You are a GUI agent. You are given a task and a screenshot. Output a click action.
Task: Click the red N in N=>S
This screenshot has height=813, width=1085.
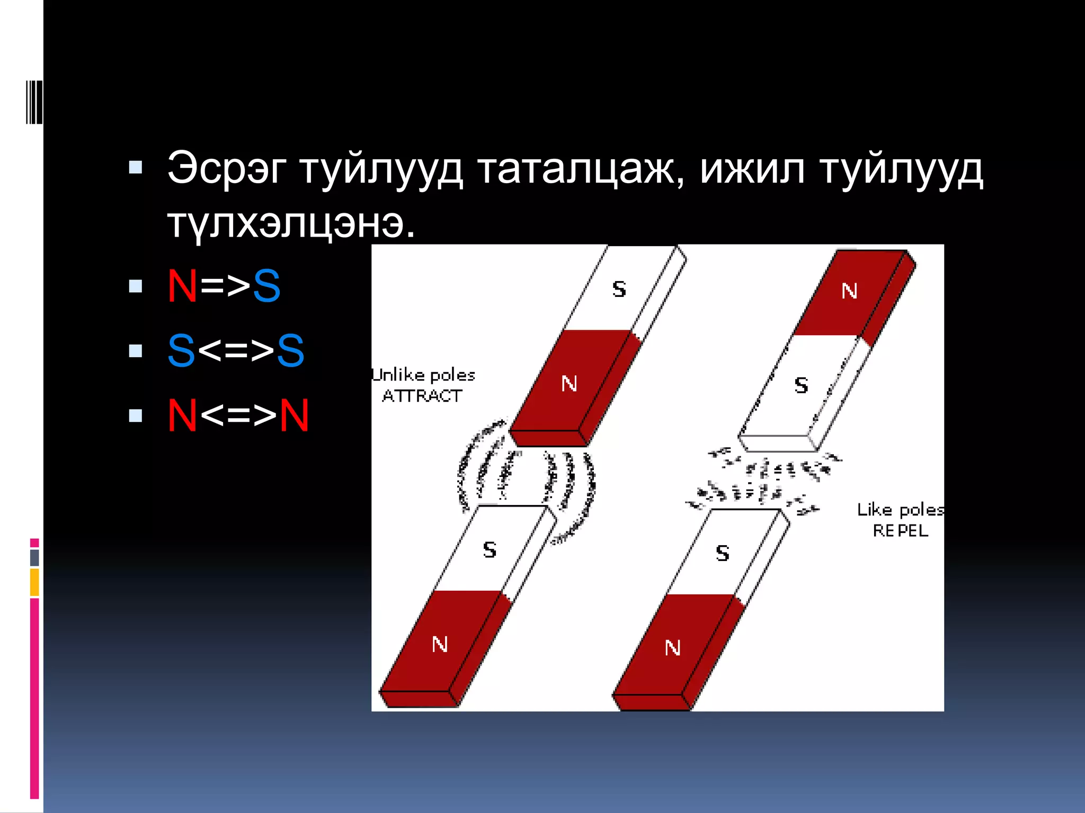pos(182,286)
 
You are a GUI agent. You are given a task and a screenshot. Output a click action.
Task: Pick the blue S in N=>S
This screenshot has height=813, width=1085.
pos(266,286)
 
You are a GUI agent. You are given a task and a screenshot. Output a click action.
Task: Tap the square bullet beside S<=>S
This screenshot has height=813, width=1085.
pos(136,350)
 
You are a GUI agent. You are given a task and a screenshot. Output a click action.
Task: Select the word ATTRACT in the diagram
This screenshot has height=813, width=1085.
pos(422,396)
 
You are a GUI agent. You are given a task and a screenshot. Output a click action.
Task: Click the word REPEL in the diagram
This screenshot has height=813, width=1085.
pos(900,530)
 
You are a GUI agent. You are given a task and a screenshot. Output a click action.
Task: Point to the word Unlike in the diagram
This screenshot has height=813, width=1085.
pos(396,375)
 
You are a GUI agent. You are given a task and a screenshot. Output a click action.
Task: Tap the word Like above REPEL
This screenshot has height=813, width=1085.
pos(874,510)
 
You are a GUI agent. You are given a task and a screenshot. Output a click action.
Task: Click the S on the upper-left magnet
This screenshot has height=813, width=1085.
pos(619,289)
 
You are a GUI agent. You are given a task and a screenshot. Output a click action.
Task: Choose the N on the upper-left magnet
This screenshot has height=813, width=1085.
pos(569,383)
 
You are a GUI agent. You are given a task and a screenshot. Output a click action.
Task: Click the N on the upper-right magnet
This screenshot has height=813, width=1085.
pos(849,291)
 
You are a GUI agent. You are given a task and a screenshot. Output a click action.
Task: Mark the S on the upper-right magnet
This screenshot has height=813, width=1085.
pos(801,385)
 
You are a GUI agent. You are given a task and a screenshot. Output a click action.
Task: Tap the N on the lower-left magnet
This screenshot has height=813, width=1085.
pos(440,644)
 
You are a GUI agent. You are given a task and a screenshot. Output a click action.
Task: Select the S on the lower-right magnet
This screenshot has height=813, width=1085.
pos(723,553)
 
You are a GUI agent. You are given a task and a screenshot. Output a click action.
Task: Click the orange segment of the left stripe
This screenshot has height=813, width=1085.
pos(34,582)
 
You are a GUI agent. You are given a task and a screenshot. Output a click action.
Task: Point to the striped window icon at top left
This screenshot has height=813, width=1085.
pos(34,102)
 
